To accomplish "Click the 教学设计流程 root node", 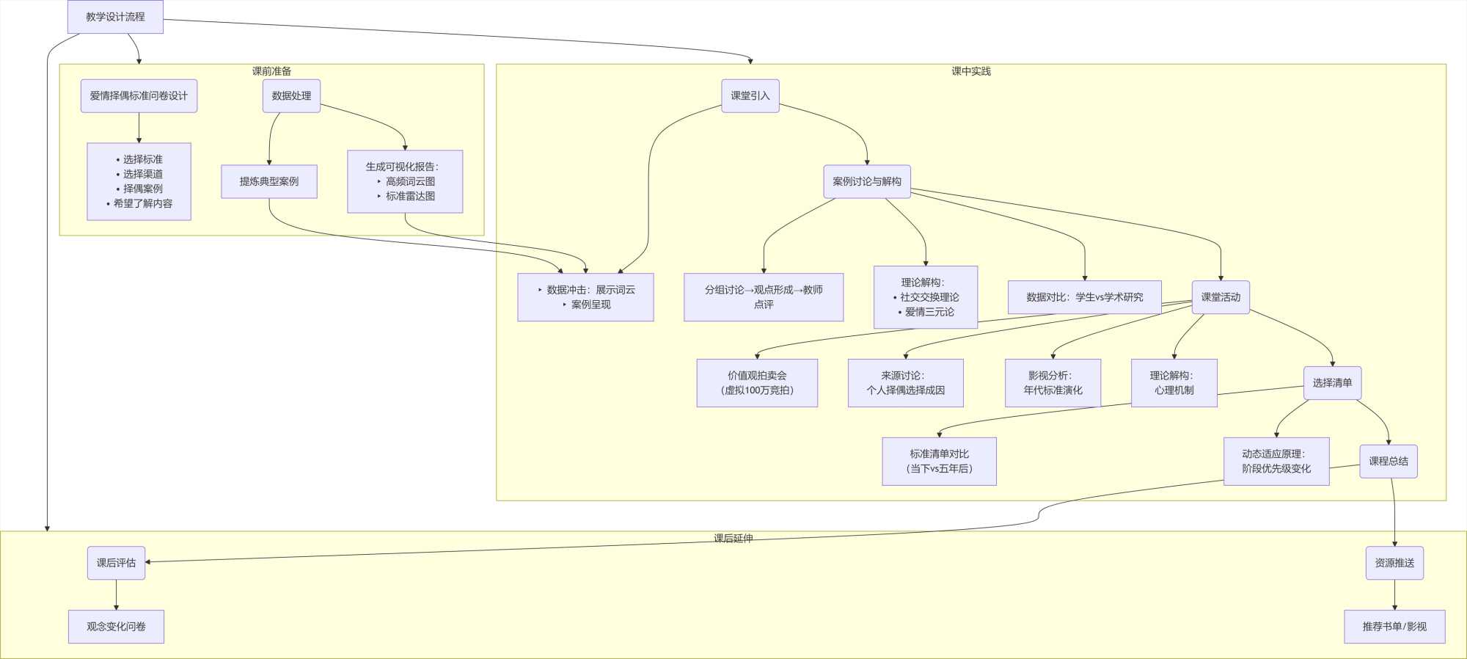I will [x=115, y=17].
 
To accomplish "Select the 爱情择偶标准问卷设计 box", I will [x=139, y=96].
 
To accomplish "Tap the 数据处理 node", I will [x=291, y=96].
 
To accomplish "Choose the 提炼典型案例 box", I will [x=269, y=181].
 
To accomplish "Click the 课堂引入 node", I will [x=750, y=96].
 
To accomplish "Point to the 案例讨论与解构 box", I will [x=866, y=181].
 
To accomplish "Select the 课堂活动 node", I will [x=1221, y=297].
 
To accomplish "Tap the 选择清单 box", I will [x=1332, y=383].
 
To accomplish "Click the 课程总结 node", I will [x=1388, y=462].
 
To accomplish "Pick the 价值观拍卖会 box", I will [x=757, y=383].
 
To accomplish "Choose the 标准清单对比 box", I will [x=939, y=462].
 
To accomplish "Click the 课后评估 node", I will [x=116, y=563].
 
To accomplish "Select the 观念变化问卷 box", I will [x=116, y=627].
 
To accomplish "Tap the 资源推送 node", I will [x=1394, y=563].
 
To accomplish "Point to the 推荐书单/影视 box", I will [x=1394, y=627].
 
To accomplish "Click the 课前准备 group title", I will [x=271, y=71].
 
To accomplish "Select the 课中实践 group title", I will [x=970, y=71].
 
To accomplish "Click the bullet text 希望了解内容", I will [x=143, y=203].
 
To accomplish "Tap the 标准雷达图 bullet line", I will [x=410, y=196].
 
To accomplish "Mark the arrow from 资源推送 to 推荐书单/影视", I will [x=1394, y=595].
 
